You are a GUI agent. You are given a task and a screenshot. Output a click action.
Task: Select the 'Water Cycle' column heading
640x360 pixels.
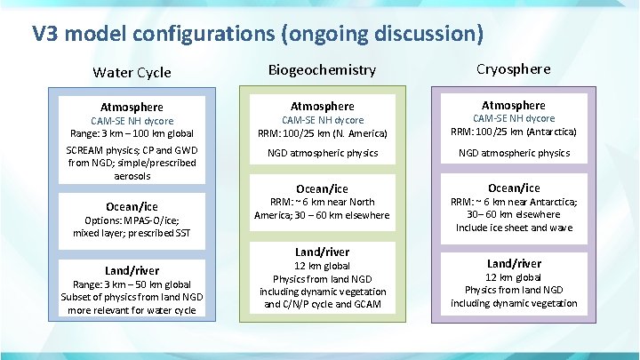point(132,72)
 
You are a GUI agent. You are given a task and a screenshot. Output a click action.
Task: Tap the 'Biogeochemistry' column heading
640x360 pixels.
point(322,69)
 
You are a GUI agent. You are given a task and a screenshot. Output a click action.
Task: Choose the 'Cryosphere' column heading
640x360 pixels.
point(513,68)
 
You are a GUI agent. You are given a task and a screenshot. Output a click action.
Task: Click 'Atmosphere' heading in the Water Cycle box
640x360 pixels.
point(132,107)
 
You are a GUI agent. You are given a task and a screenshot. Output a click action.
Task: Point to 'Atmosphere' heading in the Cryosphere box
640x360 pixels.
point(513,105)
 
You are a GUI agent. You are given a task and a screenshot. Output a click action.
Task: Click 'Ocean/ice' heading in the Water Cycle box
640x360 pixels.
point(132,205)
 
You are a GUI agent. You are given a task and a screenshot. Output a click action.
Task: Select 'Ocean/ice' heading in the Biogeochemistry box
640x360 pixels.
point(322,188)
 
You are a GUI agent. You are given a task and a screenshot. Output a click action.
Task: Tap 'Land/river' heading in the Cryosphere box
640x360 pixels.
point(513,263)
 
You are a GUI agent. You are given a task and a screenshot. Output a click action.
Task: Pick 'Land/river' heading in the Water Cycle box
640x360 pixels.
point(132,270)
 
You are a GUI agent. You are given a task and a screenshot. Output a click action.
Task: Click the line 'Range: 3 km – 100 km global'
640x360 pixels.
point(132,133)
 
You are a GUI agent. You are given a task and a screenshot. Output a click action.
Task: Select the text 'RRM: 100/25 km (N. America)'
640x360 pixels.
point(322,132)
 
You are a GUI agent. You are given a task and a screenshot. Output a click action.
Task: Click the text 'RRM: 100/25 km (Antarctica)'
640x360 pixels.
point(513,132)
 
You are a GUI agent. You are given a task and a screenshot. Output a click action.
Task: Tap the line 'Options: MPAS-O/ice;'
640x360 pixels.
point(132,220)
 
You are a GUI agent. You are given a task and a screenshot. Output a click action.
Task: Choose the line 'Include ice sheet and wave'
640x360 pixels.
point(513,228)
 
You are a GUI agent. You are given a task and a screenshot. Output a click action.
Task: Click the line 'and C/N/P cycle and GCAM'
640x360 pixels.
point(322,304)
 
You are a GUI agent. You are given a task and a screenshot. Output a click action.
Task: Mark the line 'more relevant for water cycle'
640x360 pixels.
point(132,310)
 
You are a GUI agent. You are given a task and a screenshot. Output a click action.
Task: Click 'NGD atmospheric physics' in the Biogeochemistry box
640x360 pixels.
point(322,153)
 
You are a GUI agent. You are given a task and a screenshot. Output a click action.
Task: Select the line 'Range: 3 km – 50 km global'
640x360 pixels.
point(132,284)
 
